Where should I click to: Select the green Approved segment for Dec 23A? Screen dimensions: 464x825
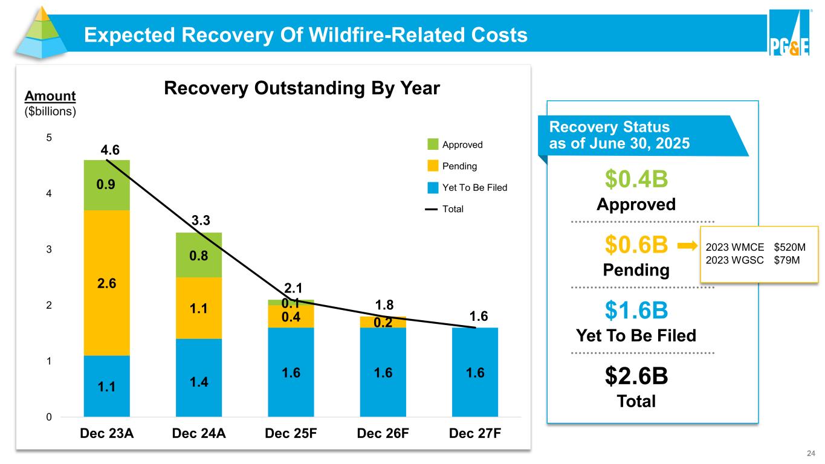coord(107,185)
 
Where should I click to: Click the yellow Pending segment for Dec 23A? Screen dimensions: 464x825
coord(107,282)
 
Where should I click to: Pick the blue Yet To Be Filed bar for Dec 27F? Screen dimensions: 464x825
coord(475,372)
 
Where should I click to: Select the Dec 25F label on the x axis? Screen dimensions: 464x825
coord(291,434)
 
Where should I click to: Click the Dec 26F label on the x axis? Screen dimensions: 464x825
coord(383,434)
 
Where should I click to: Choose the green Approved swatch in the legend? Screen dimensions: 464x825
coord(432,145)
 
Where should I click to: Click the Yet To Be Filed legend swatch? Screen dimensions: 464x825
coord(432,187)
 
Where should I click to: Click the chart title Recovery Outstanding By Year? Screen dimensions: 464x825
coord(302,89)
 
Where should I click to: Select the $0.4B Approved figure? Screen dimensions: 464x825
coord(636,179)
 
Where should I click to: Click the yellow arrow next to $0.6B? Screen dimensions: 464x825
coord(687,246)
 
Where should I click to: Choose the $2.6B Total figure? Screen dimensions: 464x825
coord(636,377)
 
